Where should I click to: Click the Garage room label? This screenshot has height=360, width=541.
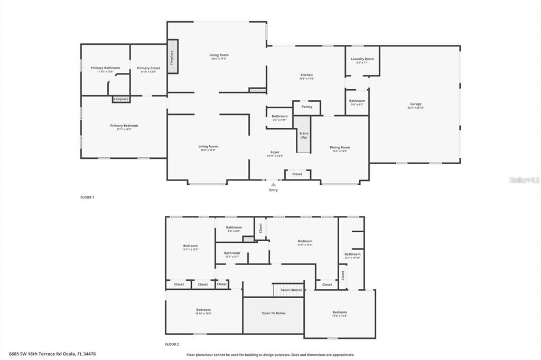415,104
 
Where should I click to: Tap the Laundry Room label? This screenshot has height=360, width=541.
362,59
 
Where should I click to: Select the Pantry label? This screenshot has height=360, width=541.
307,107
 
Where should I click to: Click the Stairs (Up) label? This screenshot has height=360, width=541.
304,135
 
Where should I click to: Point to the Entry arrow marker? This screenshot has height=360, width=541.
273,185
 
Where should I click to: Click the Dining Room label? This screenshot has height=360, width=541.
340,147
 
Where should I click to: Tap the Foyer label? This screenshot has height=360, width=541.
275,152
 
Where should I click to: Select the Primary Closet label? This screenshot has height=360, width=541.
148,68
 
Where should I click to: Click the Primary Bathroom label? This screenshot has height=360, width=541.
105,68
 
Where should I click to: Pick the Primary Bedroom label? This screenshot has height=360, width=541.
124,126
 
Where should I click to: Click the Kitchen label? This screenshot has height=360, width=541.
306,75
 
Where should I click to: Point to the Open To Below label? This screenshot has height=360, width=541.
274,313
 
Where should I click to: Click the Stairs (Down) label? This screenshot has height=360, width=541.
291,290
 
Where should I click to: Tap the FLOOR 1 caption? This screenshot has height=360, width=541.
87,197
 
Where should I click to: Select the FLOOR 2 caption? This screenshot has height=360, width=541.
172,344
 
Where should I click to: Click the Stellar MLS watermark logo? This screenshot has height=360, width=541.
524,179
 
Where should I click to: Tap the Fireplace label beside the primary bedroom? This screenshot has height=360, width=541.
121,99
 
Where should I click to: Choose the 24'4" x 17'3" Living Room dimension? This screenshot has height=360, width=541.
219,59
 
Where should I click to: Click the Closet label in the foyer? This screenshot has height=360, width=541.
297,174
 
